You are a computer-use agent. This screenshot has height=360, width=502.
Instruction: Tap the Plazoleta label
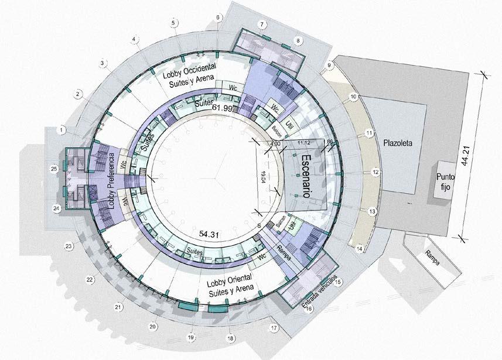click(399, 142)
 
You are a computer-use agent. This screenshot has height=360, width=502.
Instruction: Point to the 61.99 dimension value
click(222, 108)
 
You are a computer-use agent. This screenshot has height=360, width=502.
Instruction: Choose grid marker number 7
click(262, 24)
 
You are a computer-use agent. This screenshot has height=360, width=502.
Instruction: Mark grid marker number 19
click(190, 337)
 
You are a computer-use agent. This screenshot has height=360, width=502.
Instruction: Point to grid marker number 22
click(90, 279)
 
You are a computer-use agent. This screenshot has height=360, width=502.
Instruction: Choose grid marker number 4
click(135, 40)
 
